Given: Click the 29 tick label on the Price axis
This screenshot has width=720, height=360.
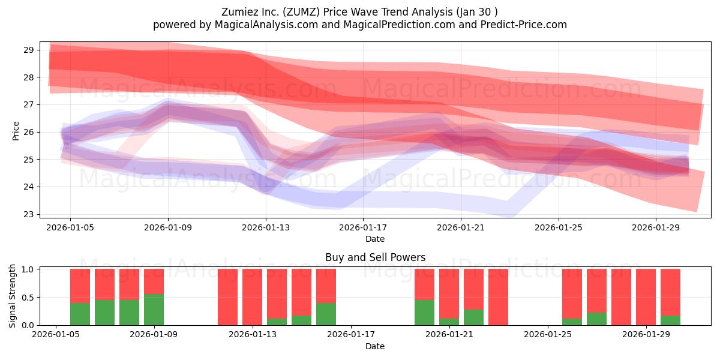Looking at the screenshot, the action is coord(28,50).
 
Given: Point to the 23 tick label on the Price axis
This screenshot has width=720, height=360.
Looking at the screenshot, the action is coord(28,214).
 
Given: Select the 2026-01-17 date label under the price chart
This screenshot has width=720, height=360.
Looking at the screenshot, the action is coord(363,227).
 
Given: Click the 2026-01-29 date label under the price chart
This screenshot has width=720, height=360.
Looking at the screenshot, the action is coord(656,227).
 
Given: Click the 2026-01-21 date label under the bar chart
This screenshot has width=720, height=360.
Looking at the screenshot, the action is coord(449,335).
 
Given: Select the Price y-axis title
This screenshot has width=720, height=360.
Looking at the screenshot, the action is coord(16,131).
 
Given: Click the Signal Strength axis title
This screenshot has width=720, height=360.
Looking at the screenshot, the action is coord(12,296).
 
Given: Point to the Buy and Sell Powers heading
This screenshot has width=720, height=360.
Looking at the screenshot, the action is coord(375,257).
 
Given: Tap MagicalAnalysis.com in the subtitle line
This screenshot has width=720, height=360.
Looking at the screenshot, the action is coord(266,25).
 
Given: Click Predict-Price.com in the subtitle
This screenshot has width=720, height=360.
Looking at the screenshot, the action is coord(524,25).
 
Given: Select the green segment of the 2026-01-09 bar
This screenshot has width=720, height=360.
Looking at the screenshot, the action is coord(154,310).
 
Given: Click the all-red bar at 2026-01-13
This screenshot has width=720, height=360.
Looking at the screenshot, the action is coord(253,297).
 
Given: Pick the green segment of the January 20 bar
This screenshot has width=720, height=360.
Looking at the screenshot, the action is coord(424,313).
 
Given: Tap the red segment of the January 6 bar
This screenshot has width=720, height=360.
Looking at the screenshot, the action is coord(80,286).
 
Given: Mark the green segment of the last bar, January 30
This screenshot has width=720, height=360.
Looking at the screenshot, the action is coord(670,320).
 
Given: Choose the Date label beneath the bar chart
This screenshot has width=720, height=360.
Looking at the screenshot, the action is coord(375,346).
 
